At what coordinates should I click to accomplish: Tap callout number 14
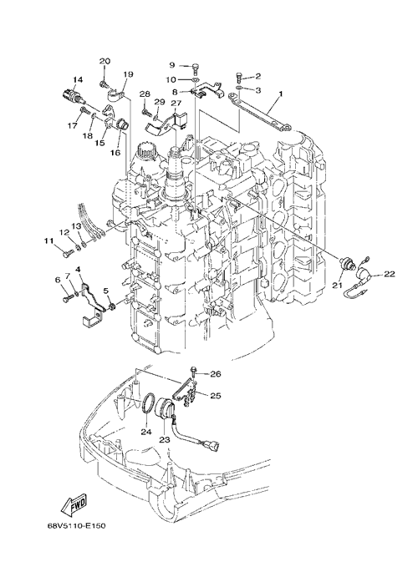(x=78, y=79)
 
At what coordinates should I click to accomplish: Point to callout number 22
(x=390, y=274)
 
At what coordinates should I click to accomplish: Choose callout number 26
(x=216, y=374)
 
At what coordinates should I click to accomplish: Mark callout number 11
(x=49, y=241)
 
